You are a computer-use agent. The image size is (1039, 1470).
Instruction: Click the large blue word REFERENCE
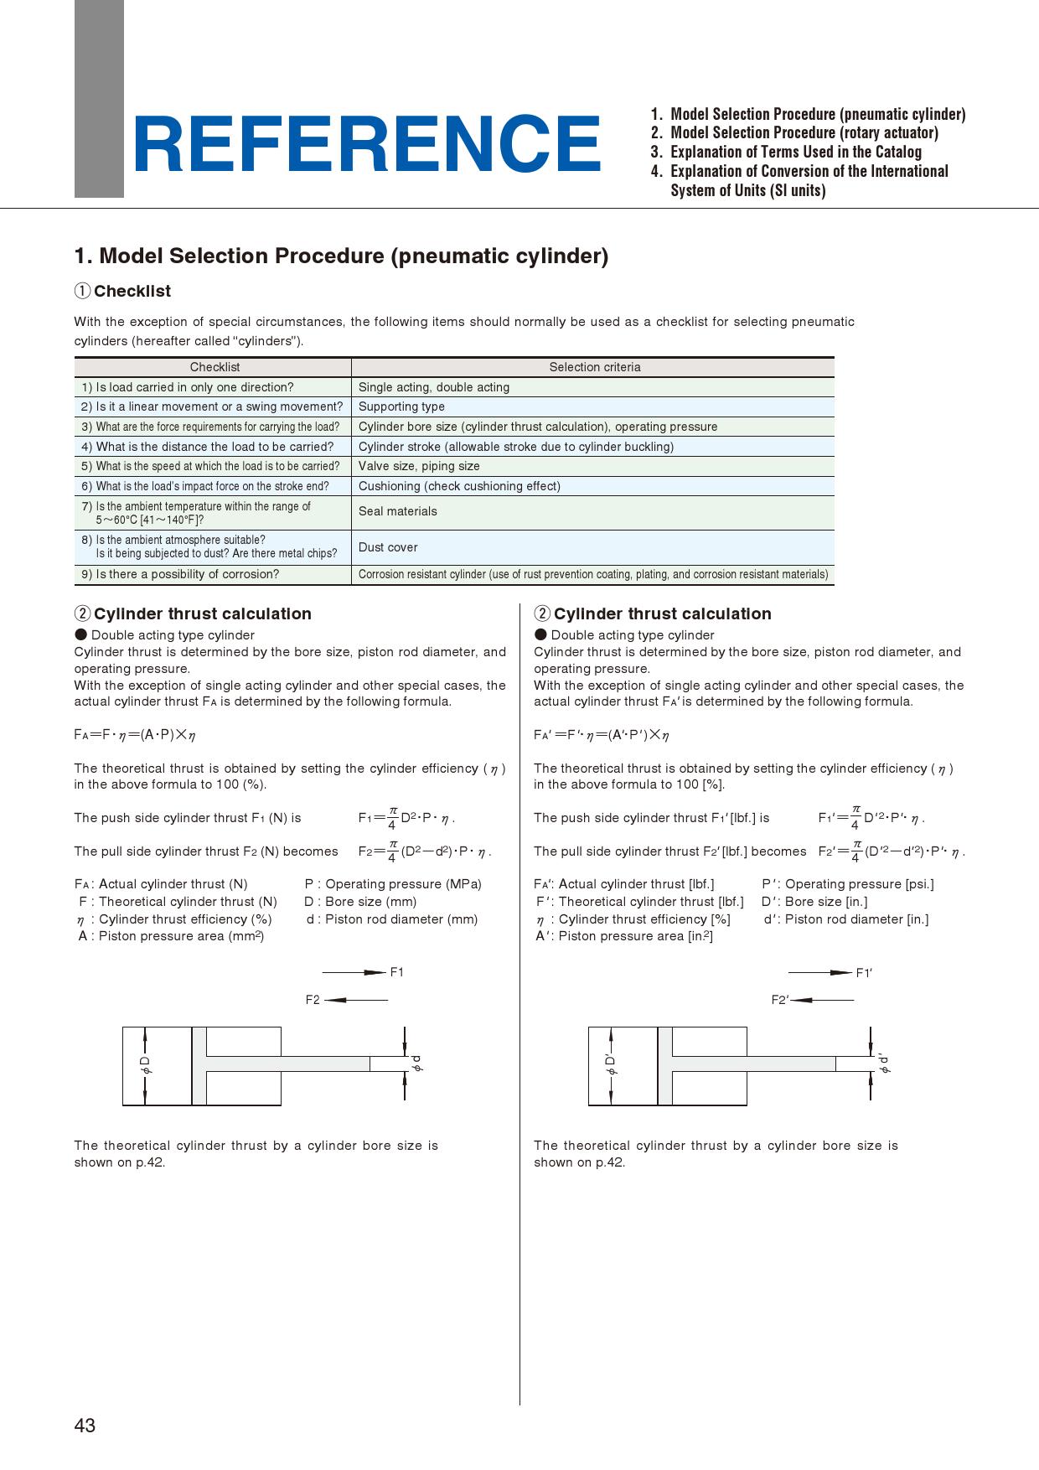(366, 145)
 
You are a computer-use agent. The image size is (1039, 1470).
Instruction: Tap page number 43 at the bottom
(85, 1426)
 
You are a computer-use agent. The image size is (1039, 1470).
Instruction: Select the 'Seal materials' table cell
(398, 512)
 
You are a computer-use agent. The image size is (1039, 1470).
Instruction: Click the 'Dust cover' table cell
(388, 547)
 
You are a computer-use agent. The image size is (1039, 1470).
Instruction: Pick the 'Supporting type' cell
(401, 406)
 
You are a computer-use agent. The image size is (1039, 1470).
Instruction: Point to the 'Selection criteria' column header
(594, 367)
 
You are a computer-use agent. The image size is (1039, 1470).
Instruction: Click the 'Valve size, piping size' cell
(419, 466)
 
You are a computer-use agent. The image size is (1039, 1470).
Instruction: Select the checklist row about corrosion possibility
(180, 574)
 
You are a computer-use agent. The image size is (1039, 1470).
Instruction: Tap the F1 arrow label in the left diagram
(397, 972)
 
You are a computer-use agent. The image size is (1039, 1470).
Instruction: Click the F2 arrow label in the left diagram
(313, 1000)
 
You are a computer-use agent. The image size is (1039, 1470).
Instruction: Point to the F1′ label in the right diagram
(864, 973)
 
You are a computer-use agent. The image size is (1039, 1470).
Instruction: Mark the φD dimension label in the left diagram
(145, 1065)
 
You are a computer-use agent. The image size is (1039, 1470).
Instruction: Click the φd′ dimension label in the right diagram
(883, 1064)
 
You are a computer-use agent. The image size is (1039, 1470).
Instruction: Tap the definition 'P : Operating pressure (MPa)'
(393, 884)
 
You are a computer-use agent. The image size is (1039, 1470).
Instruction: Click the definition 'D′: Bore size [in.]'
(814, 902)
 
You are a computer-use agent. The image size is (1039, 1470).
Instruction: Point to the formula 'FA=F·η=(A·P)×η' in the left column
(135, 735)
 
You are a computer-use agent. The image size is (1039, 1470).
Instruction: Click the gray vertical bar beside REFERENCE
(99, 99)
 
